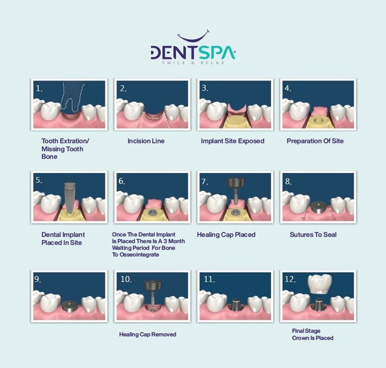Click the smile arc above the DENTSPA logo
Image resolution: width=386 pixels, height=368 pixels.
(x=193, y=39)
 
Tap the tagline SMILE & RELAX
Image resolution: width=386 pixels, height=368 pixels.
(x=193, y=63)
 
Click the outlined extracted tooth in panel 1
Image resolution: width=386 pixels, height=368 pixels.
(x=72, y=97)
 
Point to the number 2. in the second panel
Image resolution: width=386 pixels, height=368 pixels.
(x=123, y=89)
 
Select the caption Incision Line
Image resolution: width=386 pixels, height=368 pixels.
(x=146, y=141)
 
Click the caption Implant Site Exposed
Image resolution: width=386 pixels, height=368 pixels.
(x=233, y=141)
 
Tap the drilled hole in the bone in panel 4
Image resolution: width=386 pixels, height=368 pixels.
(x=318, y=120)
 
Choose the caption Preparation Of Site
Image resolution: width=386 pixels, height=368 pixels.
(x=315, y=141)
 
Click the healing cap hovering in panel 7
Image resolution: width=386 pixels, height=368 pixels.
(x=236, y=189)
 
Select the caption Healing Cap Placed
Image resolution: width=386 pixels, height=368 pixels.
(x=226, y=235)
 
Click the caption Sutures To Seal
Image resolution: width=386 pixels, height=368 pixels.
(x=313, y=235)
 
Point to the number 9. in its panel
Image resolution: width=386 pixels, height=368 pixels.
(x=38, y=279)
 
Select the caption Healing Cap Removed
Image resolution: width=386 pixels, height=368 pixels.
(x=148, y=334)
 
